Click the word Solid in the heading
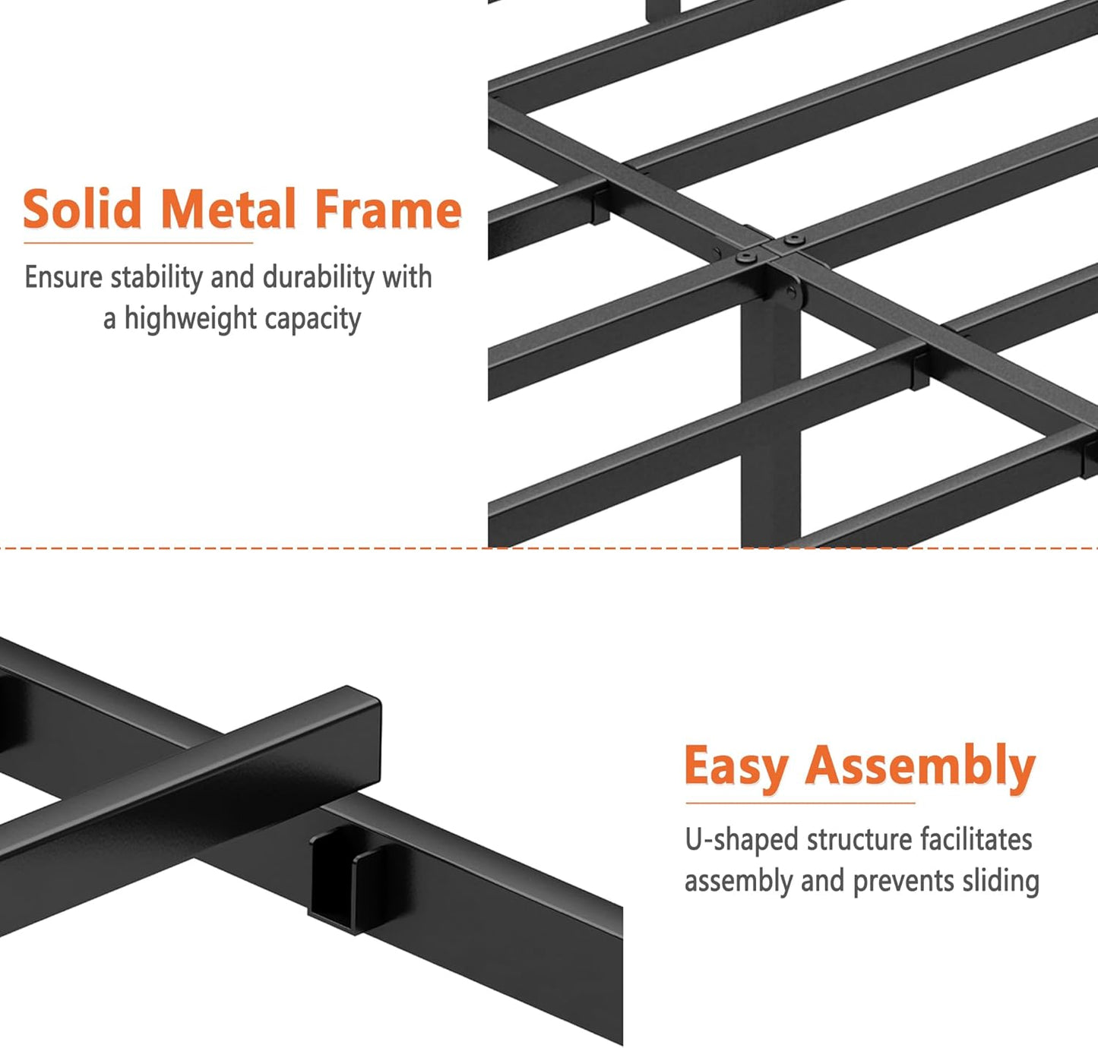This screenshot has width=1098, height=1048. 82,209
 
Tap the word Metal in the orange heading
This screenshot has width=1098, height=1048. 228,209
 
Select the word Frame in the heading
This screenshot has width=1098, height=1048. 388,209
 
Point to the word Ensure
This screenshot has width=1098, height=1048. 64,277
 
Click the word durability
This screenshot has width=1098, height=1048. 318,277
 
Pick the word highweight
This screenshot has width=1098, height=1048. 191,318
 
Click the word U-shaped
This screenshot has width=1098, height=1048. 741,840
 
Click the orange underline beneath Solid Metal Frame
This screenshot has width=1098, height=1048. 138,243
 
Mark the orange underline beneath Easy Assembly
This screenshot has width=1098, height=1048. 800,803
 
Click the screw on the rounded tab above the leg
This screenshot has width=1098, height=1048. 793,295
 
